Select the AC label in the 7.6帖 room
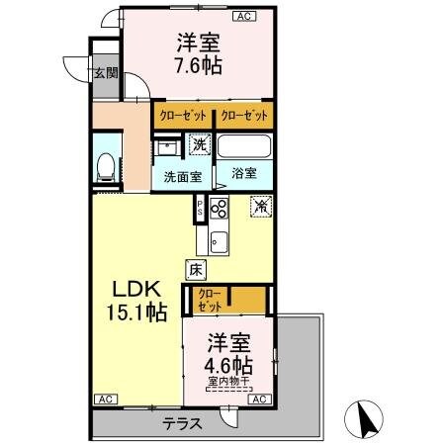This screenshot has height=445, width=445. [x=243, y=17]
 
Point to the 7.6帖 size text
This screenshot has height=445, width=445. [x=199, y=66]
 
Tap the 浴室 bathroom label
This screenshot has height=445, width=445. [x=244, y=172]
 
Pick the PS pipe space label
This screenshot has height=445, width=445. [x=200, y=208]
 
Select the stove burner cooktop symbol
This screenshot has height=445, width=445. [x=219, y=209]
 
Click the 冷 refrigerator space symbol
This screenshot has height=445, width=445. [x=261, y=207]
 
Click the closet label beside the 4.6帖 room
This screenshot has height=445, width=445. [x=210, y=300]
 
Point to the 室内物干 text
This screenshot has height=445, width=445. [x=228, y=380]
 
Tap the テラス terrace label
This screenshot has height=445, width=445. [x=183, y=422]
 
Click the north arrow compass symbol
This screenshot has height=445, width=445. [x=366, y=420]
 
